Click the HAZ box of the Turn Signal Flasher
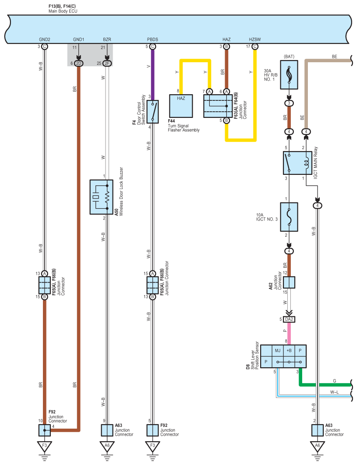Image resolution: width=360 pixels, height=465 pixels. click(x=181, y=106)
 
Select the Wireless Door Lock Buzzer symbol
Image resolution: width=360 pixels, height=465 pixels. click(x=101, y=197)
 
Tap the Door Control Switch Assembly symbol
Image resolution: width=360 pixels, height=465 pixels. click(x=152, y=111)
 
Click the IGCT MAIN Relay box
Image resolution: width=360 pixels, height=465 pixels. click(x=297, y=163)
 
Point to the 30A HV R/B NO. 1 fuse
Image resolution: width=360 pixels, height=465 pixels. click(x=289, y=75)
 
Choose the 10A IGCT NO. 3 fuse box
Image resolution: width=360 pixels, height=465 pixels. click(x=289, y=217)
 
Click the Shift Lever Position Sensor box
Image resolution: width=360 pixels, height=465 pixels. click(x=283, y=356)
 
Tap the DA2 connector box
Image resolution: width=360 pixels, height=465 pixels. click(x=289, y=319)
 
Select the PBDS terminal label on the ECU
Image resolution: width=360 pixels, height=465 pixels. click(x=152, y=39)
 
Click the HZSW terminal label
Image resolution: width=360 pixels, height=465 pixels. click(x=255, y=39)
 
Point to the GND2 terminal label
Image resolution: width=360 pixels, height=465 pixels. click(x=44, y=39)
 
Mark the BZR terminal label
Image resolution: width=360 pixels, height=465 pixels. click(x=107, y=39)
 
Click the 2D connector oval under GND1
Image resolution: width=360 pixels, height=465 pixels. click(x=78, y=63)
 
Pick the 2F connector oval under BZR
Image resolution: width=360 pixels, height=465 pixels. click(x=107, y=63)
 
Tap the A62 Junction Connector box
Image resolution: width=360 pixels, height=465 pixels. click(x=289, y=282)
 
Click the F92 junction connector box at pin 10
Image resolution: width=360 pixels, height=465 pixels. click(x=44, y=430)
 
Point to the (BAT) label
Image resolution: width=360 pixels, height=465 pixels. click(x=289, y=57)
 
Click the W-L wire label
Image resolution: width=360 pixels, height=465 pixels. click(x=334, y=392)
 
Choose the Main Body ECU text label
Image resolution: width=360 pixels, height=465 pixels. click(x=63, y=11)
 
